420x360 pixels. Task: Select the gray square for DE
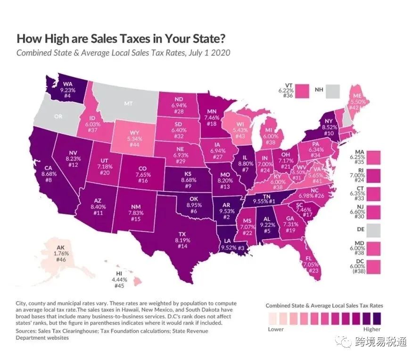coord(374,230)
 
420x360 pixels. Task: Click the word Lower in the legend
coord(276,329)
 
